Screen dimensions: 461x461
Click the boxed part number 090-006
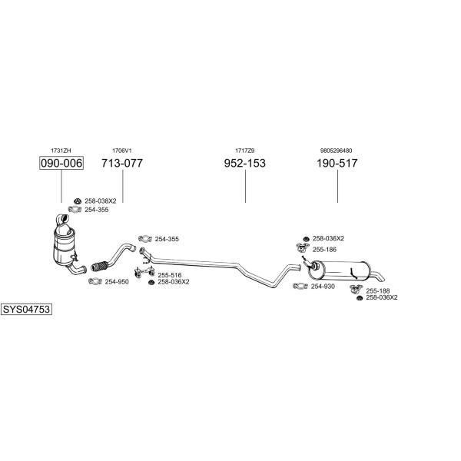click(x=61, y=163)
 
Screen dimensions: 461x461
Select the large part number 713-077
click(x=122, y=163)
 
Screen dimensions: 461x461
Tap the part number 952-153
click(x=244, y=163)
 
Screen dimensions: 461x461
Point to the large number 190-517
click(x=337, y=163)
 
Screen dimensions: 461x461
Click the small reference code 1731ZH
click(x=61, y=151)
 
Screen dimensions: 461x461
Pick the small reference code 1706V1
click(x=122, y=151)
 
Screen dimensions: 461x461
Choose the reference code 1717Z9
click(x=244, y=151)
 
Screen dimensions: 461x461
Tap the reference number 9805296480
click(x=336, y=151)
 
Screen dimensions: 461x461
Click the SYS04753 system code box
click(x=26, y=310)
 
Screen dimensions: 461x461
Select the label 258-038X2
click(x=101, y=201)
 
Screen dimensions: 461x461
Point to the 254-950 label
click(x=117, y=282)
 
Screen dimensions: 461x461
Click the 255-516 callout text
click(x=170, y=275)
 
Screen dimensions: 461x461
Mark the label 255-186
click(x=324, y=250)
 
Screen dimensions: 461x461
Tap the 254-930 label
click(x=323, y=287)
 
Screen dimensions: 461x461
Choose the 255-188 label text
click(x=378, y=291)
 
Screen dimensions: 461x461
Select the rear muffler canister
click(x=338, y=270)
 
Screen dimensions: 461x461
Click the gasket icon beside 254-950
click(x=95, y=281)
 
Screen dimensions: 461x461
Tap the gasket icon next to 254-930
click(x=300, y=286)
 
